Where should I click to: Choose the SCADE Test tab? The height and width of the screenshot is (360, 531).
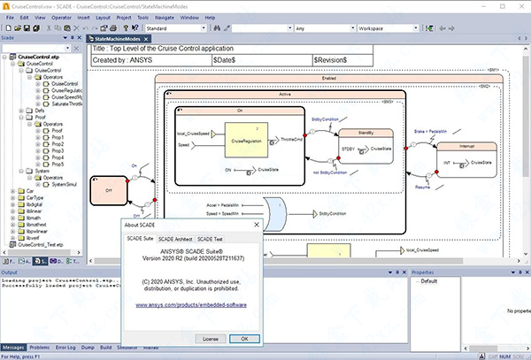[x=210, y=238]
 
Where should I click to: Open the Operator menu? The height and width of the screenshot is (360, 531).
[x=62, y=17]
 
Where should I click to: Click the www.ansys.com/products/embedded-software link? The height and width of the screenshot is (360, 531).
[x=191, y=304]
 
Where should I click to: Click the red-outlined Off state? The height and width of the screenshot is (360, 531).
[x=109, y=188]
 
